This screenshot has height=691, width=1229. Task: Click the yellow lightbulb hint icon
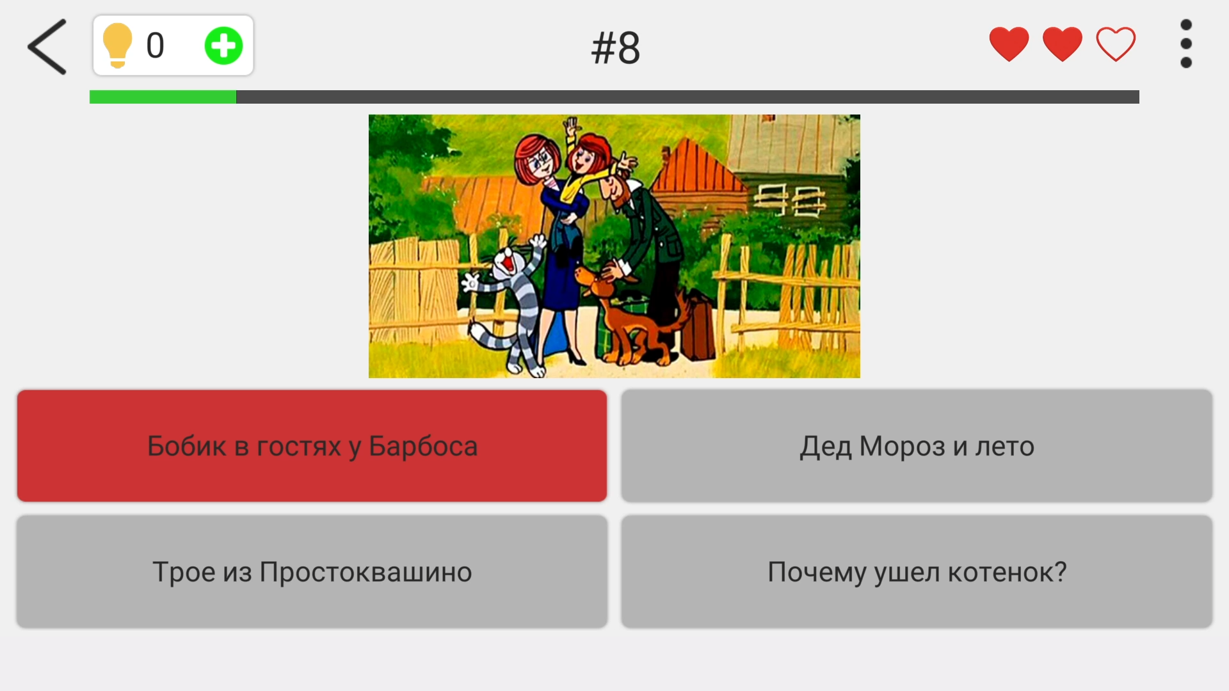(x=118, y=45)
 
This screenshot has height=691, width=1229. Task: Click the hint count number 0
(x=155, y=46)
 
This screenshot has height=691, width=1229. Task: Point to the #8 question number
(x=615, y=48)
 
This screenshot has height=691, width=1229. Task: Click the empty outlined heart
(x=1116, y=44)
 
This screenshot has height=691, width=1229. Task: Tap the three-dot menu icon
(x=1185, y=44)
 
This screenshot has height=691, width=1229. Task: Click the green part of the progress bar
(x=163, y=97)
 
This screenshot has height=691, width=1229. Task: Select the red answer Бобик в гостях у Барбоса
(x=312, y=446)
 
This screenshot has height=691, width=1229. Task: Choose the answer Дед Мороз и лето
(x=917, y=446)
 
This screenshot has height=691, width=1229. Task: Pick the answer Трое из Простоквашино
(x=312, y=572)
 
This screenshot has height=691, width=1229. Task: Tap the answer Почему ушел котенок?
(x=917, y=572)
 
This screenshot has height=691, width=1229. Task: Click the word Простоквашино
(x=365, y=572)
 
